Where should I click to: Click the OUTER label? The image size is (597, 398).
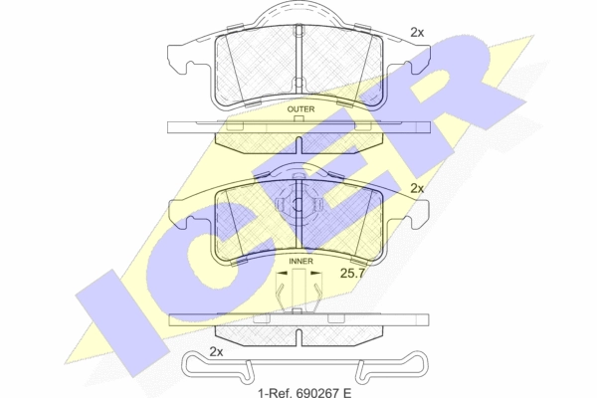click(300, 109)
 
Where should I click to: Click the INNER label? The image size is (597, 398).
click(300, 262)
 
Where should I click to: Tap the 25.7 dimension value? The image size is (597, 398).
click(352, 273)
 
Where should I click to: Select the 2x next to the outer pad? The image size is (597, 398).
click(417, 33)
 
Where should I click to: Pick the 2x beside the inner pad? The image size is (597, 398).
click(417, 188)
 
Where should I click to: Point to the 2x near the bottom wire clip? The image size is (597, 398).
click(216, 352)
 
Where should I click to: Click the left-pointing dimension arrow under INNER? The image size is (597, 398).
click(283, 273)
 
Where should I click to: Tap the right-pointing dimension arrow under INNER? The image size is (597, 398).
click(316, 273)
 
